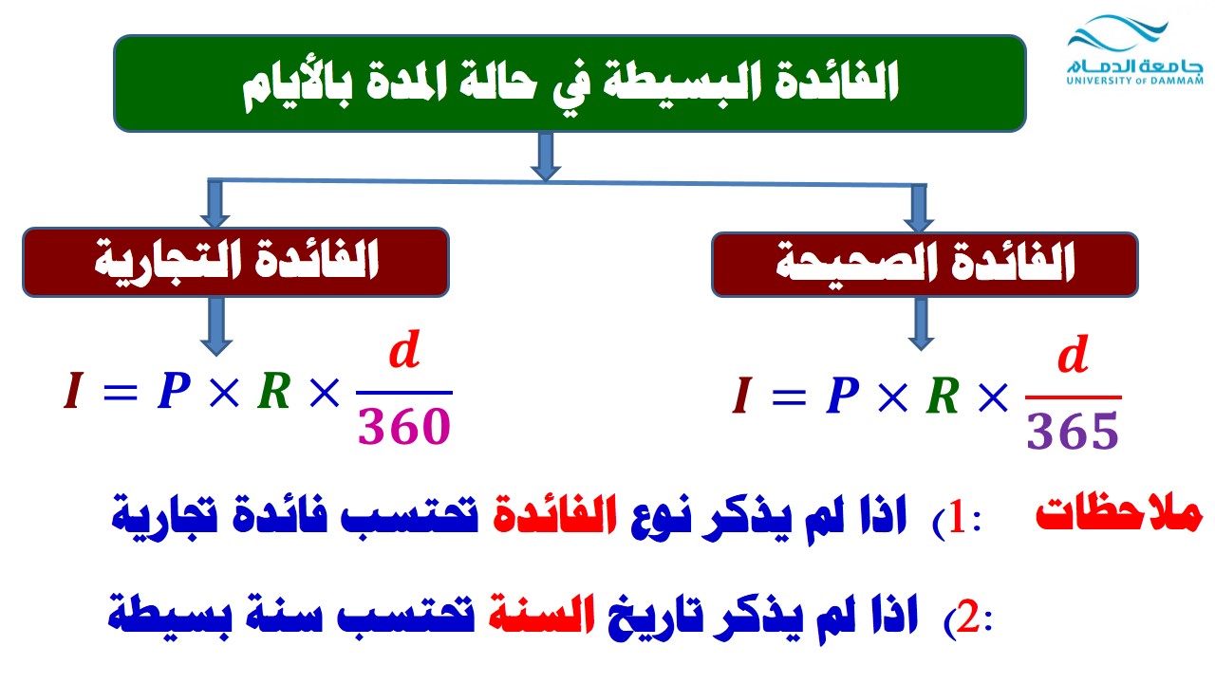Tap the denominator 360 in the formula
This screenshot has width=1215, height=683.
404,427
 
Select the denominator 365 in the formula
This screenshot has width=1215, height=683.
1073,431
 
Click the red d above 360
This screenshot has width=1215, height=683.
404,350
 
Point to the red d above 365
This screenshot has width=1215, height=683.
1074,354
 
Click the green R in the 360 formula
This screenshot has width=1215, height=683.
274,391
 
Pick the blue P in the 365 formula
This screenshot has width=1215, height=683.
843,396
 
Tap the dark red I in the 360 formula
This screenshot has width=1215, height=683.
74,390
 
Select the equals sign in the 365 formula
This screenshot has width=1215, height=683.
789,397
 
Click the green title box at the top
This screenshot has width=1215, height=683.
570,83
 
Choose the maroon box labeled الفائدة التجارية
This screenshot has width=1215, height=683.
236,263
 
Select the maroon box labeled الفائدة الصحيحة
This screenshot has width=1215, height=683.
925,265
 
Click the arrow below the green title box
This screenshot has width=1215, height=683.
546,157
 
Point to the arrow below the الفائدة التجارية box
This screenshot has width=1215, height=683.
216,326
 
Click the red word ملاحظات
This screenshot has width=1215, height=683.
1119,514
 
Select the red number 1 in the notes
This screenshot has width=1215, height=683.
958,519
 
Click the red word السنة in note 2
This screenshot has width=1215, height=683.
541,614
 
